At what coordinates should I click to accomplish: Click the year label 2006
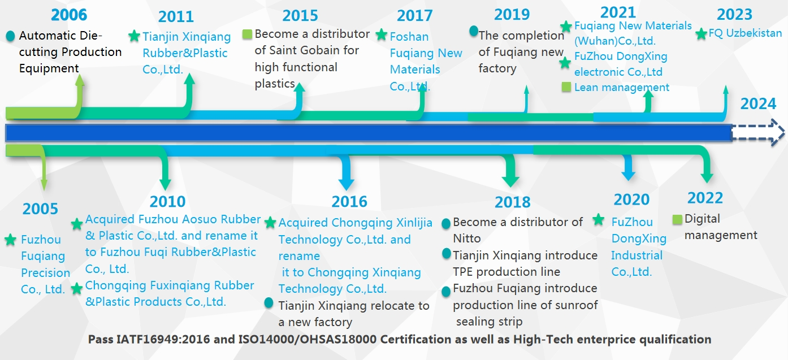tap(69, 15)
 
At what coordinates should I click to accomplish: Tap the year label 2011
tap(176, 16)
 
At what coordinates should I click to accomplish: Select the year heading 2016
tap(349, 202)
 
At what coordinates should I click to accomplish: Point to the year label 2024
tap(758, 104)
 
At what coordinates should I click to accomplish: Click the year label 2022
tap(705, 198)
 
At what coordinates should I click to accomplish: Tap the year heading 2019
tap(512, 15)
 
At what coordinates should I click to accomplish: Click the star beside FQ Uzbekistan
tap(701, 34)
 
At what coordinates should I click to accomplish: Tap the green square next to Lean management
tap(566, 87)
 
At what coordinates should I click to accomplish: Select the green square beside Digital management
tap(677, 219)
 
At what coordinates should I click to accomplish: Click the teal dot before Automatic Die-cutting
tap(11, 36)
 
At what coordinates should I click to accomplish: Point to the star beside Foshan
tap(382, 34)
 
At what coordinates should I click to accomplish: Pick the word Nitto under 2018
tap(467, 238)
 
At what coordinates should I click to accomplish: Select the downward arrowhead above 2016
tap(346, 184)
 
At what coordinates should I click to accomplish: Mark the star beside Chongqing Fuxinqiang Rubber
tap(77, 289)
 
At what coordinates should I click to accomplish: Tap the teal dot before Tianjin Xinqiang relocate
tap(269, 303)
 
